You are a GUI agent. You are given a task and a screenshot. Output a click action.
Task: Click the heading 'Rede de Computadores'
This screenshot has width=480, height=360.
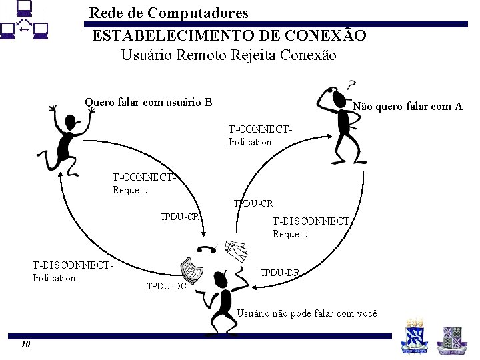(x=169, y=13)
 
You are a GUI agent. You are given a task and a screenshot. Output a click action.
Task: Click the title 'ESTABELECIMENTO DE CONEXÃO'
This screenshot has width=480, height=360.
(x=229, y=35)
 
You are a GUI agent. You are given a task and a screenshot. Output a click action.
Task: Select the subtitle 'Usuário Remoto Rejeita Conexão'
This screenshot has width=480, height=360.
(x=229, y=55)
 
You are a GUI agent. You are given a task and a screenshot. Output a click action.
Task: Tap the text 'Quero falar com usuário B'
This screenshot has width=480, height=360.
(x=149, y=102)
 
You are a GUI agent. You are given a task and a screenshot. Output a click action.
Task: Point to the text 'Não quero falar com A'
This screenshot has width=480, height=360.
(x=407, y=106)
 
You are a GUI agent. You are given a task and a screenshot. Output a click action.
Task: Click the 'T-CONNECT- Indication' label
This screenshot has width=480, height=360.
(x=260, y=135)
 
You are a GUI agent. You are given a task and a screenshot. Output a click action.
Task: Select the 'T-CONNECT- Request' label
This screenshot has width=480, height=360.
(x=144, y=183)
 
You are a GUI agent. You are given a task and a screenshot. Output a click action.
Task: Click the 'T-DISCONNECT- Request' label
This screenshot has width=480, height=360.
(x=311, y=227)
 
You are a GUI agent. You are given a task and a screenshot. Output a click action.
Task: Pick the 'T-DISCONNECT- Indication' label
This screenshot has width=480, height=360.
(x=73, y=271)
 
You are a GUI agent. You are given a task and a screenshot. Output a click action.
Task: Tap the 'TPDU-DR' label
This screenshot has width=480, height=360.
(x=279, y=272)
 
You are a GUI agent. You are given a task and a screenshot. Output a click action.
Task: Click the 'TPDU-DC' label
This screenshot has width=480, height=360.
(x=166, y=287)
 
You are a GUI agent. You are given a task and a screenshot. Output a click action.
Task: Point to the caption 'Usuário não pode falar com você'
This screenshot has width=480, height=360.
(x=307, y=313)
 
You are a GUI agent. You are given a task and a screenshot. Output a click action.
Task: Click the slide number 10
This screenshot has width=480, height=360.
(x=25, y=344)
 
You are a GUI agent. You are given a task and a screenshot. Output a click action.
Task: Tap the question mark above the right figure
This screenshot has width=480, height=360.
(x=351, y=85)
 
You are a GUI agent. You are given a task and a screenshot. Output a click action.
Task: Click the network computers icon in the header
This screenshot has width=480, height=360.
(x=25, y=22)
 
